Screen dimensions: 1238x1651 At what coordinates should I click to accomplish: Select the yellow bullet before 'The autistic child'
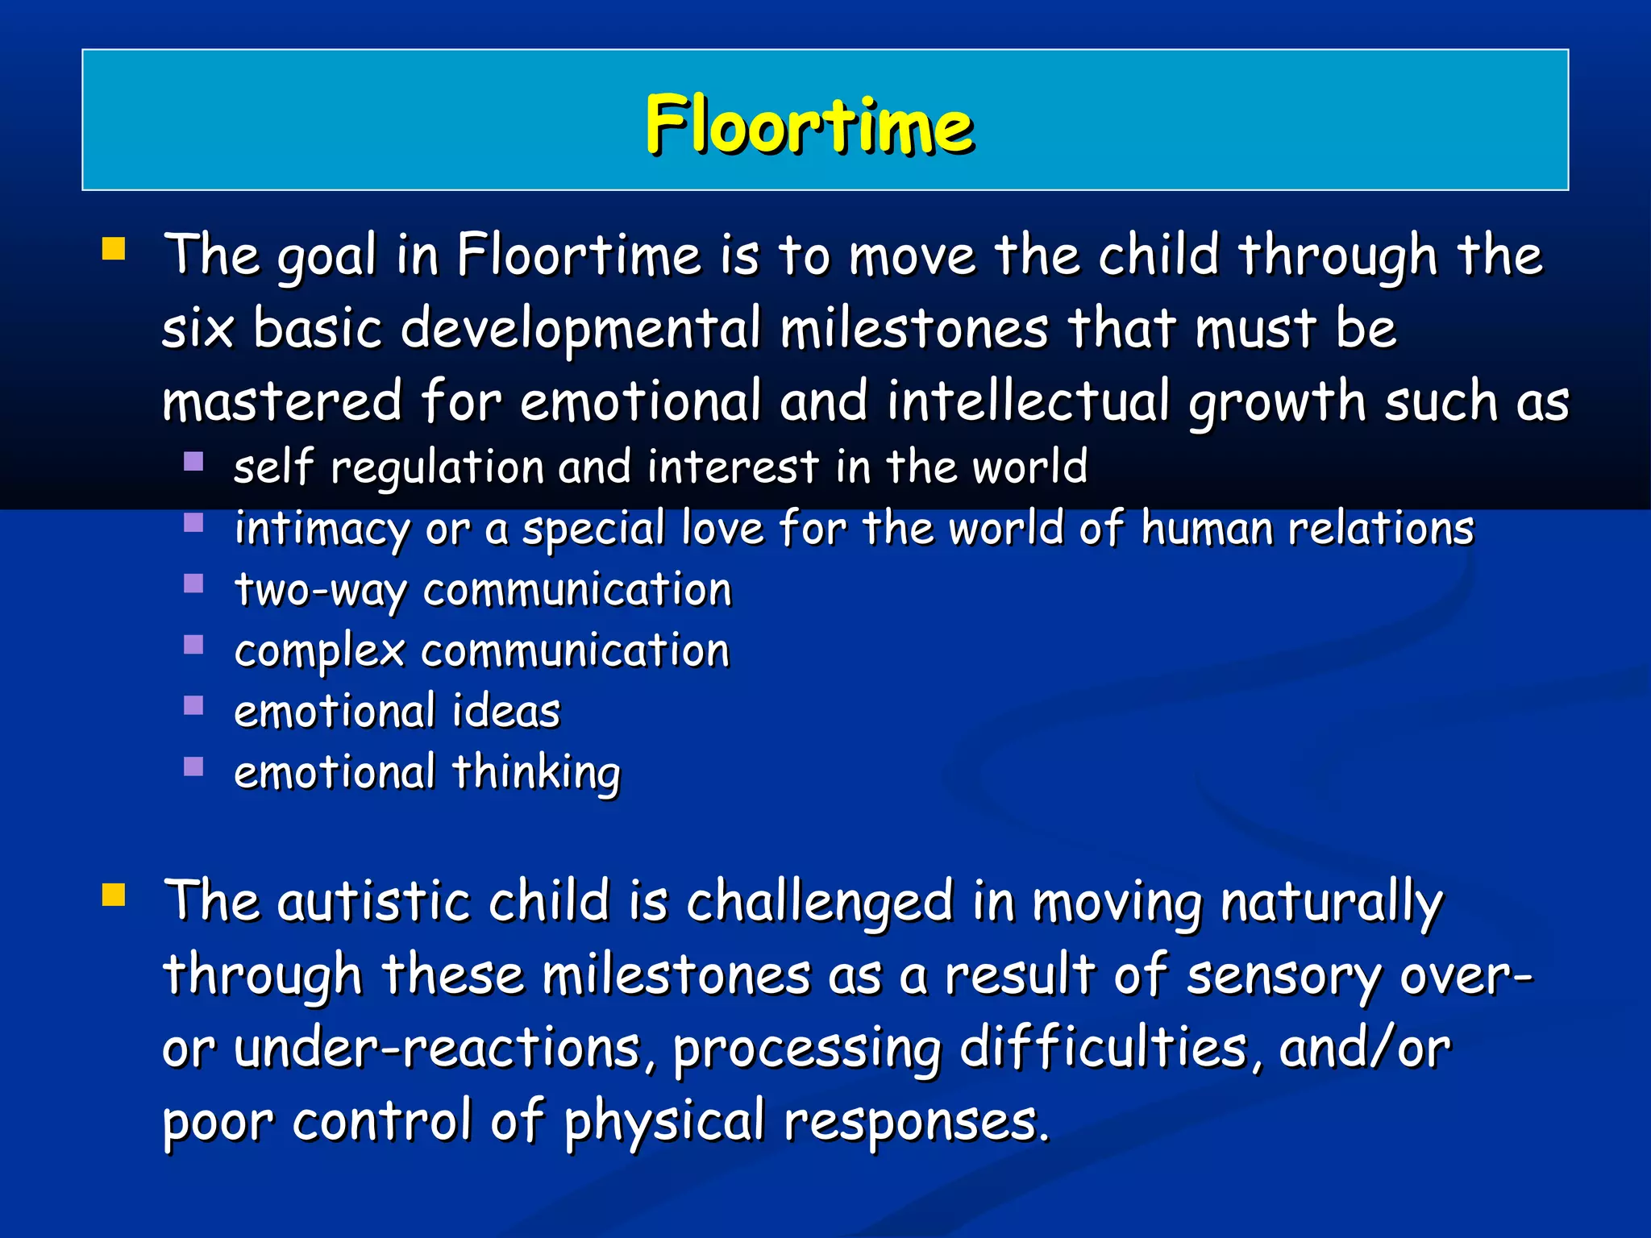coord(114,894)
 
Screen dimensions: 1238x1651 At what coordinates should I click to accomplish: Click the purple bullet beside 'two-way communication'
coord(193,583)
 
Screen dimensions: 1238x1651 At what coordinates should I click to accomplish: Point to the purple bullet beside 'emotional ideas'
coord(193,705)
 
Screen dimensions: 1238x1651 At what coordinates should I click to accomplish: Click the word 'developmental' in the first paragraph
coord(580,329)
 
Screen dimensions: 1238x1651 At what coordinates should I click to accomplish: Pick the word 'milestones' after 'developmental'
coord(914,329)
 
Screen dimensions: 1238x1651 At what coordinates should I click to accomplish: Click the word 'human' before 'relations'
coord(1206,530)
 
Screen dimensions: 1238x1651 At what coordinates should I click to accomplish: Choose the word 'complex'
coord(319,652)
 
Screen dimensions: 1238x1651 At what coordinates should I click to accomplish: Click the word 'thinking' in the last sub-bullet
coord(536,774)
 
